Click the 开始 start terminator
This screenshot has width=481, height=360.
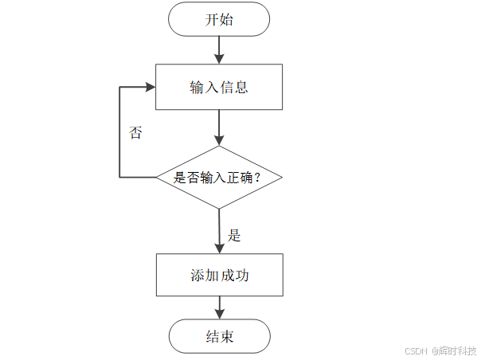[219, 20]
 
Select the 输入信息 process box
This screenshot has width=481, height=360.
[219, 87]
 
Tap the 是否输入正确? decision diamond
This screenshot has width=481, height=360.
[219, 178]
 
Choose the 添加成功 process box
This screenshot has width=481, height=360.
[219, 276]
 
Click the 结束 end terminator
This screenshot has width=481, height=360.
[219, 336]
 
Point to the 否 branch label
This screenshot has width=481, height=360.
[135, 133]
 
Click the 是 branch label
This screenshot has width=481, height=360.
[234, 235]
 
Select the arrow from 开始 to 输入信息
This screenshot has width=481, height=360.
[219, 49]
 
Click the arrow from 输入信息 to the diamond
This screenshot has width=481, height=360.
[219, 127]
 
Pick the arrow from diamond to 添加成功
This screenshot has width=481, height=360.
[219, 231]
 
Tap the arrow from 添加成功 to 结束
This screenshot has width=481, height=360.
[219, 309]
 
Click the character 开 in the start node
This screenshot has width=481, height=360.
[212, 20]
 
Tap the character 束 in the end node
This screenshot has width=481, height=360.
[227, 336]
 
